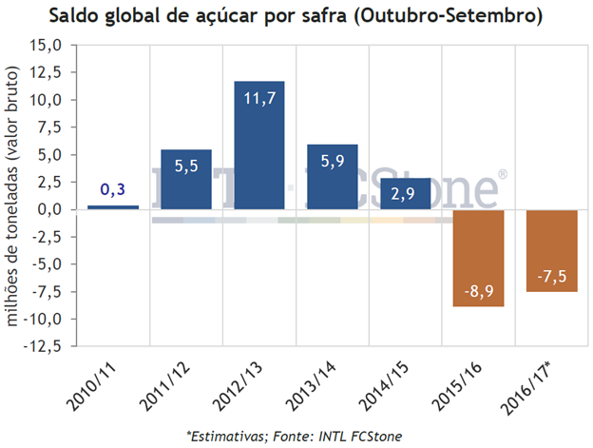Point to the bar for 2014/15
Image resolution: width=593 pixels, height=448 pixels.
(405, 192)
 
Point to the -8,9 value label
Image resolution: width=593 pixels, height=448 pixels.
(478, 289)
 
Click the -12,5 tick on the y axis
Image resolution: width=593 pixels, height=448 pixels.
(47, 345)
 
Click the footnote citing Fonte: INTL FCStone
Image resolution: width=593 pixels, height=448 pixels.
(295, 436)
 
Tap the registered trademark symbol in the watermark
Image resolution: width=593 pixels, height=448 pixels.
(502, 175)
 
